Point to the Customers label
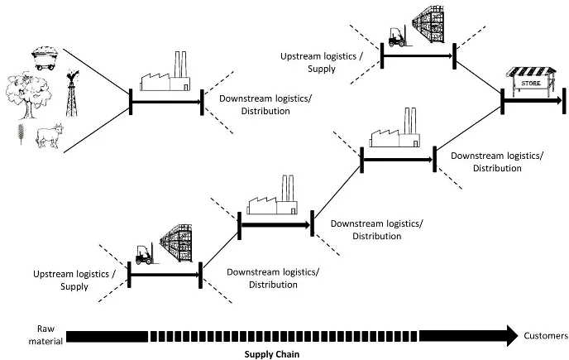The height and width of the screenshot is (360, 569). (x=544, y=335)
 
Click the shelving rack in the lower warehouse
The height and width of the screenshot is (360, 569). (x=181, y=244)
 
